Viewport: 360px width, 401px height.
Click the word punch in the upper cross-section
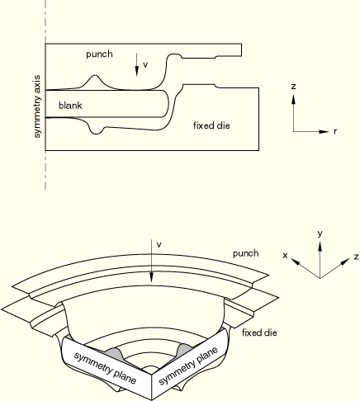(99, 54)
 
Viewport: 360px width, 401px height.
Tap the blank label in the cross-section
(70, 105)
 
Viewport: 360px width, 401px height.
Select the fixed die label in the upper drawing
(211, 125)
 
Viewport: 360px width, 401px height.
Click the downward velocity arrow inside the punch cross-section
(136, 64)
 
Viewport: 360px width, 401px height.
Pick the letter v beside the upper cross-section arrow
(145, 65)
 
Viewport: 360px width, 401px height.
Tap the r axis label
(335, 132)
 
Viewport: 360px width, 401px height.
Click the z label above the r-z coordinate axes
(294, 87)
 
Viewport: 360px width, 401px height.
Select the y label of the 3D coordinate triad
(320, 234)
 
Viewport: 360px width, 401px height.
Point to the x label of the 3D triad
(285, 256)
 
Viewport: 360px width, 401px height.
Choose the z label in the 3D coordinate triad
(357, 257)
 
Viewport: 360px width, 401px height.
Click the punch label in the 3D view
(246, 253)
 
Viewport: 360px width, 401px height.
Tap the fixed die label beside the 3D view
(259, 333)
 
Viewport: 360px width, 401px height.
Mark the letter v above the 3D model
(159, 244)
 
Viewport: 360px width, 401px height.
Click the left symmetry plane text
(105, 367)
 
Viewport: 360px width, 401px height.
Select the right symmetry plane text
(188, 366)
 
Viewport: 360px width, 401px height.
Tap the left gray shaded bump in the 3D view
(114, 354)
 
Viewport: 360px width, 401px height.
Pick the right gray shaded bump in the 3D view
(184, 350)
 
